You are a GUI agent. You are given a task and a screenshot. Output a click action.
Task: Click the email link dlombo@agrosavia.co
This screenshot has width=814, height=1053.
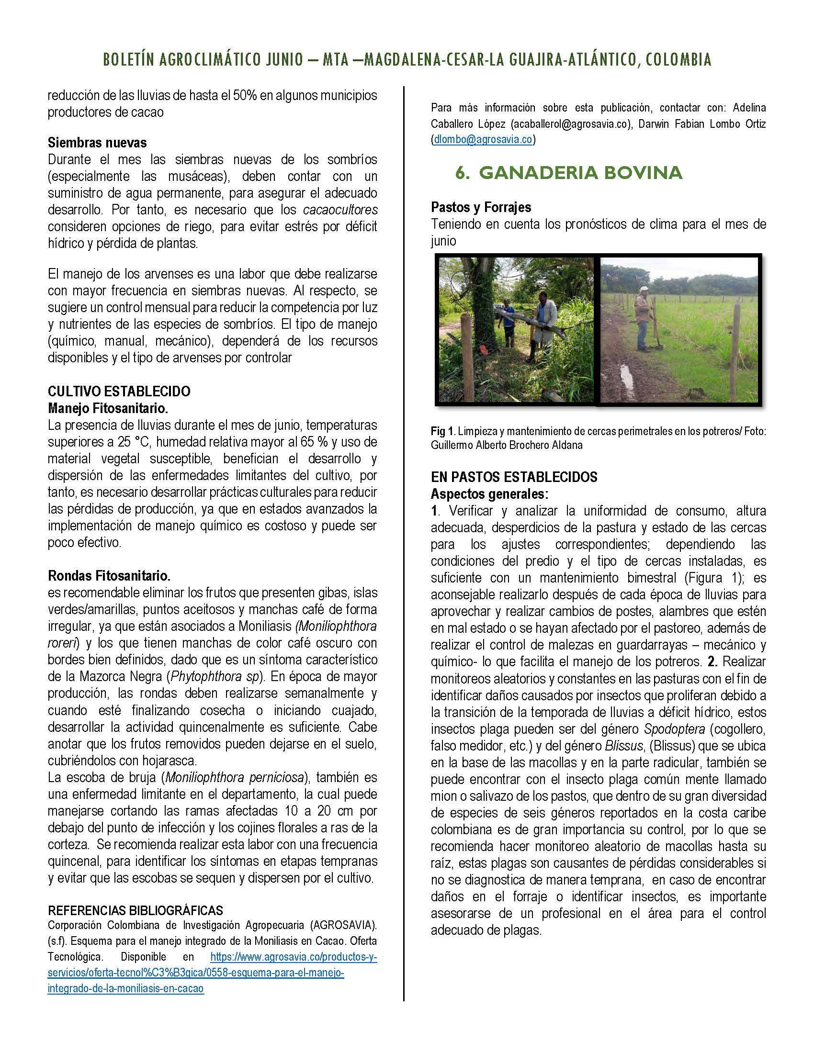(x=483, y=140)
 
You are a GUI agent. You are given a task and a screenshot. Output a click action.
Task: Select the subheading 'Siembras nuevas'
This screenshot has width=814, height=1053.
(x=97, y=143)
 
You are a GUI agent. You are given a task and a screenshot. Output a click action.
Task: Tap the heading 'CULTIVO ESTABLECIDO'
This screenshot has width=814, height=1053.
(x=119, y=391)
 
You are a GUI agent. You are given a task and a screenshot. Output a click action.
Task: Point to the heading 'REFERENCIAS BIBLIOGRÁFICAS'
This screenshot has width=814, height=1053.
(x=136, y=910)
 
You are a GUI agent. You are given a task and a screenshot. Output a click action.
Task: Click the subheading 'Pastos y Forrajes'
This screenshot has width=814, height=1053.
(x=481, y=207)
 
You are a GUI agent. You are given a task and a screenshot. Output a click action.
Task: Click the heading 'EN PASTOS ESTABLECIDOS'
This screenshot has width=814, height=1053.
(x=514, y=477)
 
